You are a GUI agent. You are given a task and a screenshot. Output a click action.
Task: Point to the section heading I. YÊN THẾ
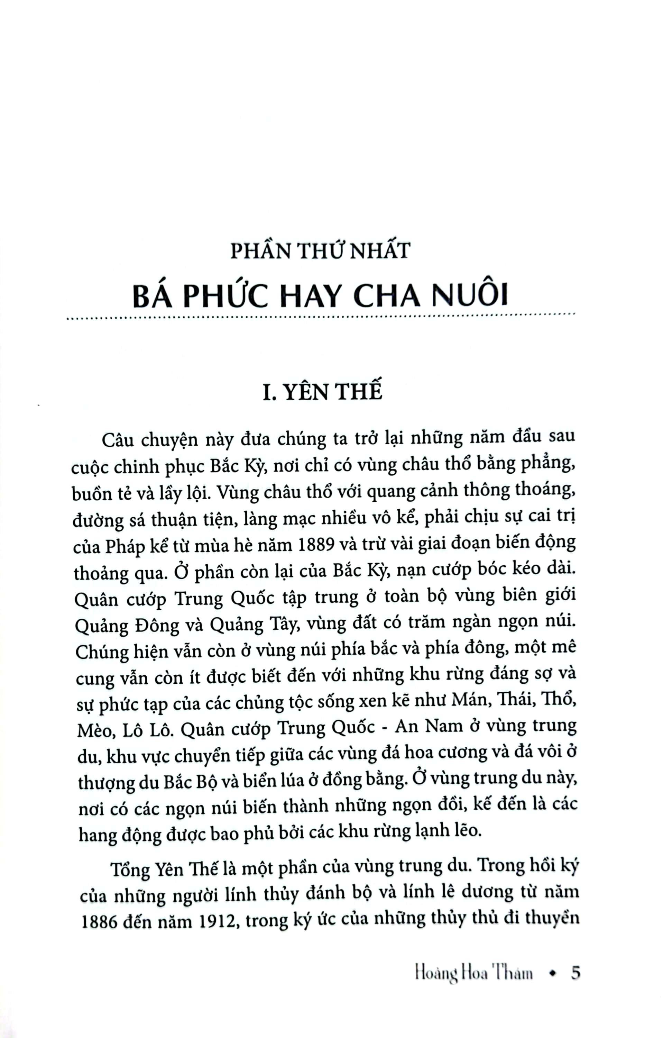tap(322, 390)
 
